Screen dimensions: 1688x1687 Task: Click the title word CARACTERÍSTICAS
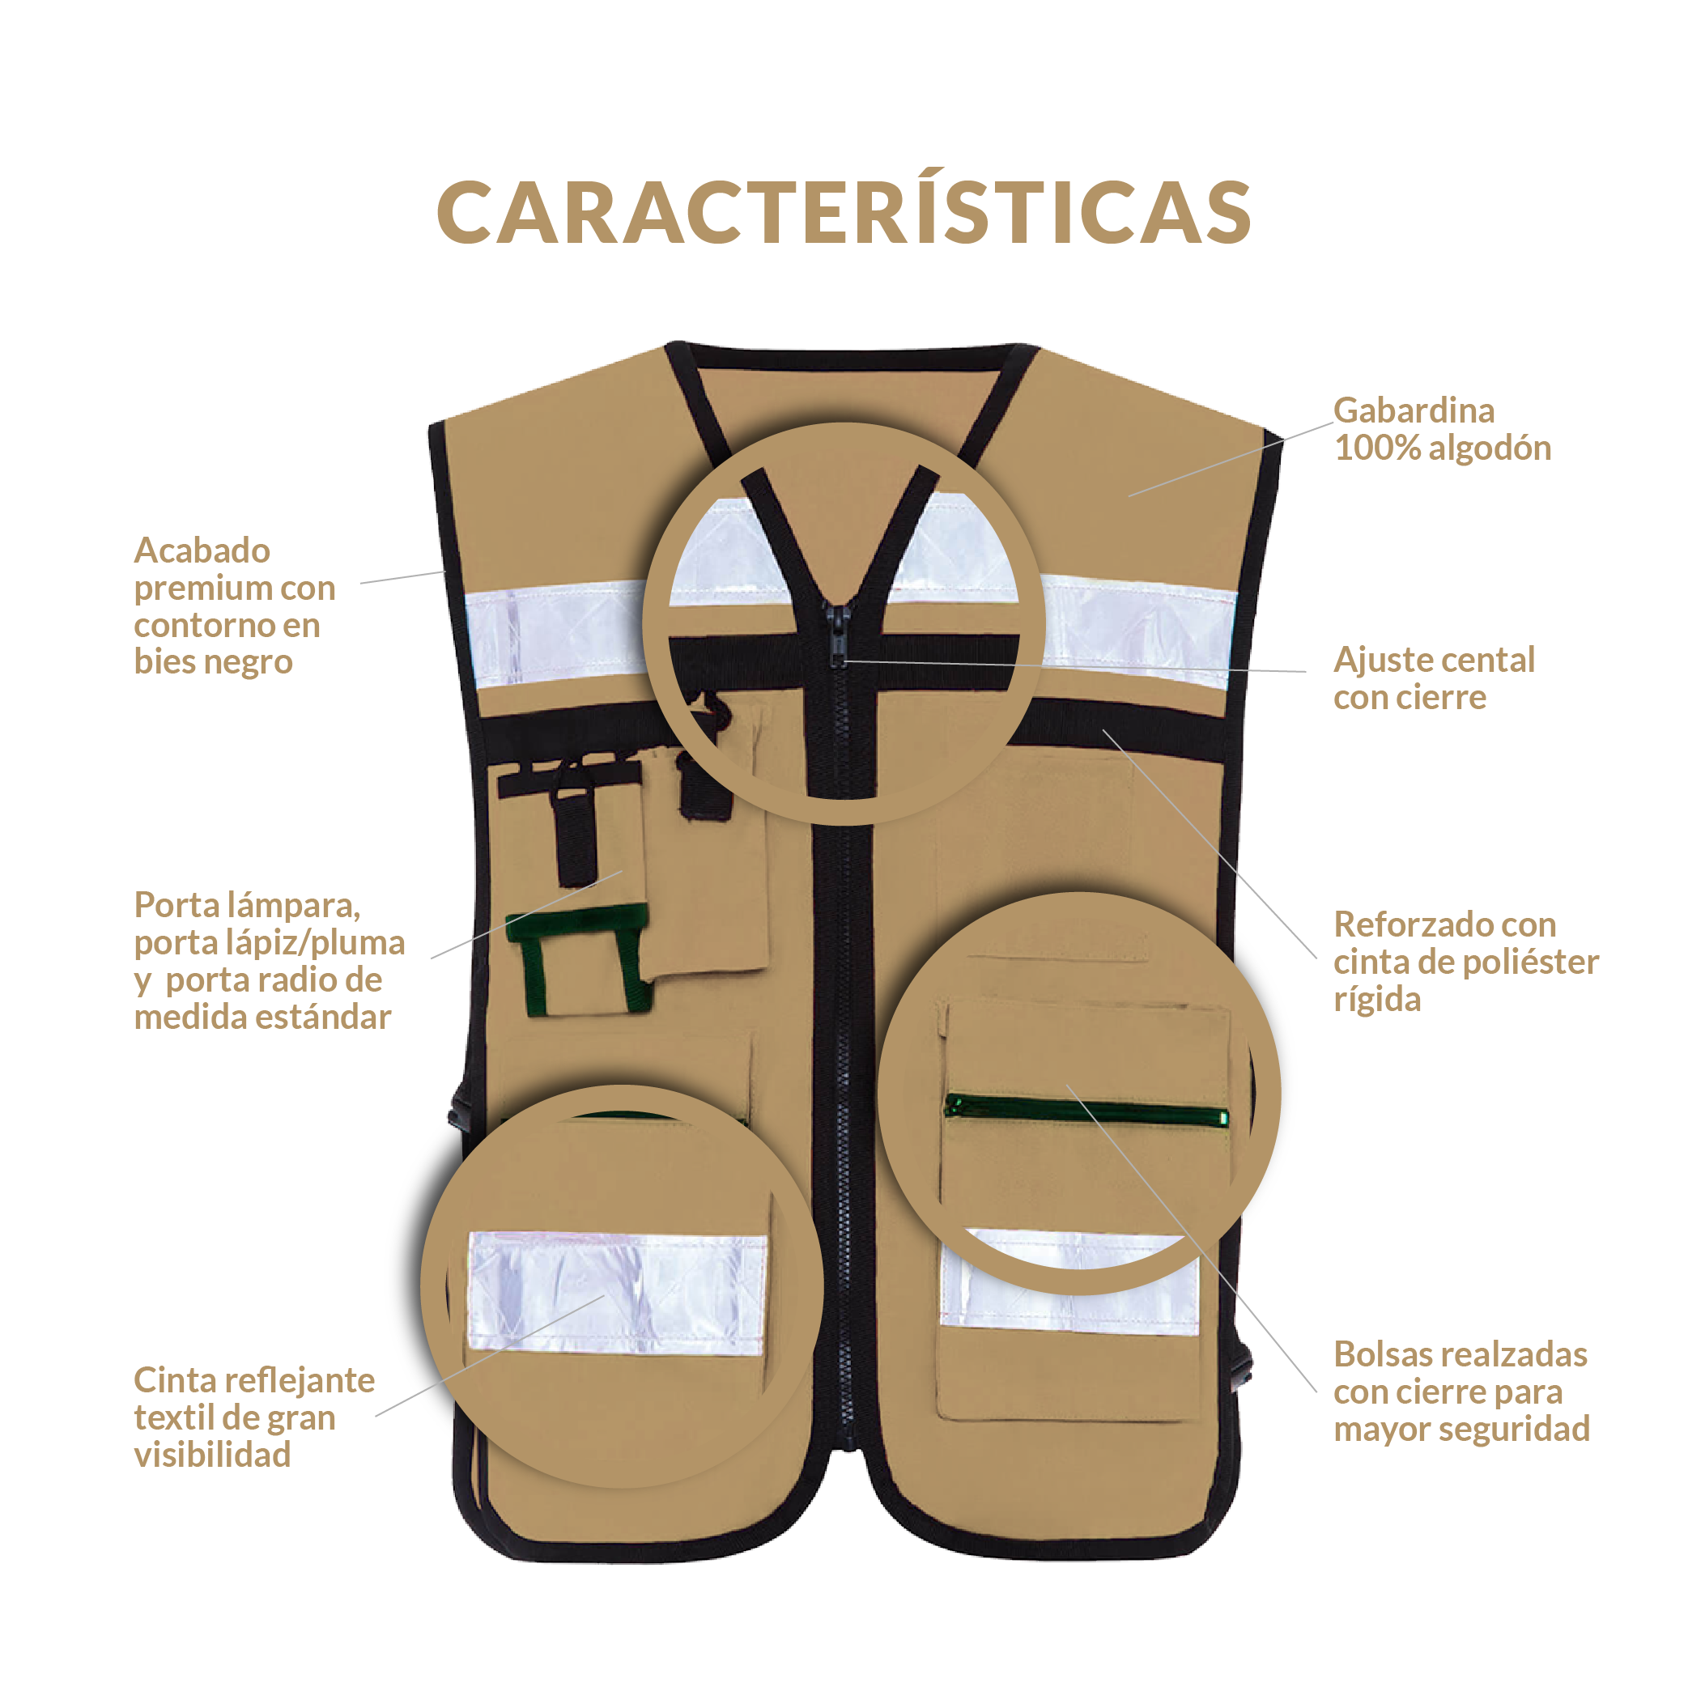coord(844,212)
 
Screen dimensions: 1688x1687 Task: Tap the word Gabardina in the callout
coord(1413,410)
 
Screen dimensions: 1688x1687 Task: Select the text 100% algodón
coord(1442,448)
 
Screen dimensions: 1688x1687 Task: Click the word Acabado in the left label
coord(202,550)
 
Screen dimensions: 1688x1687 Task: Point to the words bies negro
coord(213,662)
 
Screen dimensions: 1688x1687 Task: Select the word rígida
coord(1377,1000)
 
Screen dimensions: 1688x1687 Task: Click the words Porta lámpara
coord(247,905)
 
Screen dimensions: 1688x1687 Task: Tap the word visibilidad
coord(212,1455)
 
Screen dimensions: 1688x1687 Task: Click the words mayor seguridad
coord(1461,1430)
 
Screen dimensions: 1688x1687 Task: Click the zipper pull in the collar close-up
coord(837,629)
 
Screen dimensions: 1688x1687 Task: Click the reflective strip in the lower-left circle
coord(617,1293)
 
